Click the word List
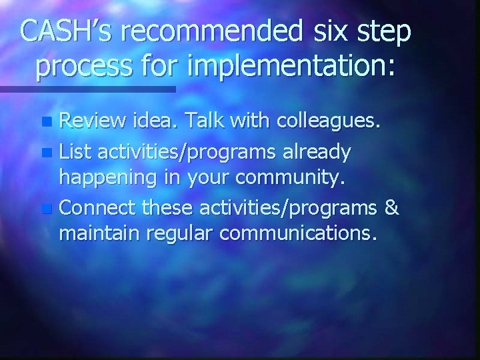[x=74, y=153]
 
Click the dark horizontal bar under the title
[x=87, y=88]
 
